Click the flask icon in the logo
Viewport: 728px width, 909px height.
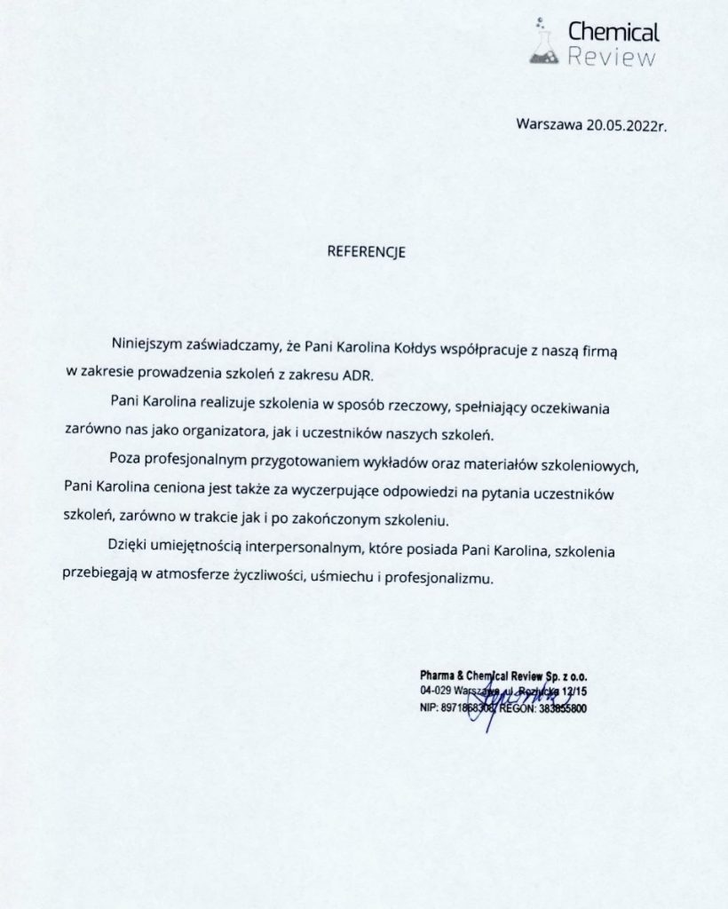tap(545, 45)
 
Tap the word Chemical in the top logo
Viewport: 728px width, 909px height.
tap(613, 33)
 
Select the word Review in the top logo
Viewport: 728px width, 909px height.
tap(613, 59)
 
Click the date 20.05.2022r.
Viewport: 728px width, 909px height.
tap(626, 124)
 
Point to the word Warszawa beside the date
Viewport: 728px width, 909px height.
tap(549, 124)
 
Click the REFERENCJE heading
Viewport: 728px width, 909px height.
tap(367, 251)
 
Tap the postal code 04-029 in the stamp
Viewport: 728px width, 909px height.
tap(437, 690)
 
